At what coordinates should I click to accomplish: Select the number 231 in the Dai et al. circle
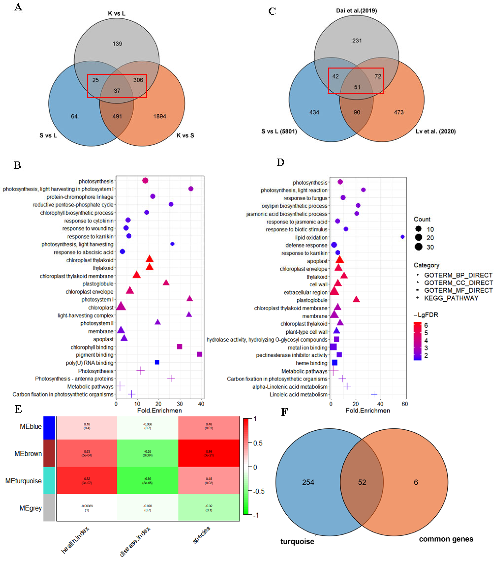pos(357,41)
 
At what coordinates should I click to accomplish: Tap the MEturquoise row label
pos(24,481)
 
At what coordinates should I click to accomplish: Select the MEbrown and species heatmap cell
pos(209,453)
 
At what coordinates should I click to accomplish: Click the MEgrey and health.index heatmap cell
pos(87,508)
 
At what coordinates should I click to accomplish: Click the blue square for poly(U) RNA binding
pos(157,362)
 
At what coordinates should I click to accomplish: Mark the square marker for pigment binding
pos(200,354)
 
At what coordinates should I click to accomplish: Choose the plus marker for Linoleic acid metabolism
pos(374,394)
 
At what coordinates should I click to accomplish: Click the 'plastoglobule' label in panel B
pos(98,284)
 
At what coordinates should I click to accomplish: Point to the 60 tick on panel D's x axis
pos(405,404)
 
